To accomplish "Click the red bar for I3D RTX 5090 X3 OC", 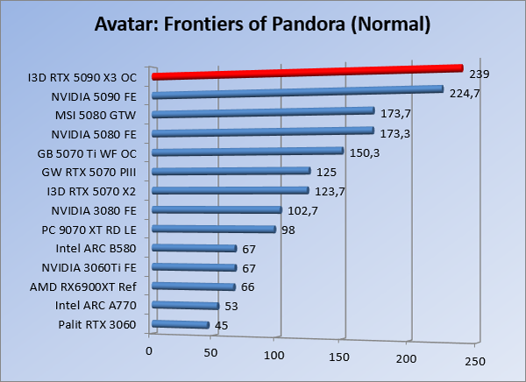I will click(x=307, y=73).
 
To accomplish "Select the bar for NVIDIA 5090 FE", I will click(x=298, y=92).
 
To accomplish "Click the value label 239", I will click(x=480, y=74).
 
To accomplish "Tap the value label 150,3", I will click(x=362, y=152).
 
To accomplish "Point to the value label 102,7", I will click(x=301, y=210).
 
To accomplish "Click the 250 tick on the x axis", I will click(x=474, y=361).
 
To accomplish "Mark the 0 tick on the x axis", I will click(x=150, y=351).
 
